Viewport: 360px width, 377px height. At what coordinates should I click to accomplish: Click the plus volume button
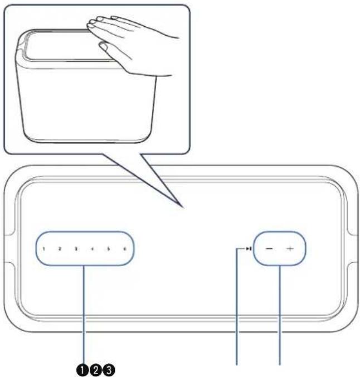click(x=290, y=248)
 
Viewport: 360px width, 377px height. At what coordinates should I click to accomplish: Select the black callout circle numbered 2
click(x=95, y=369)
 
